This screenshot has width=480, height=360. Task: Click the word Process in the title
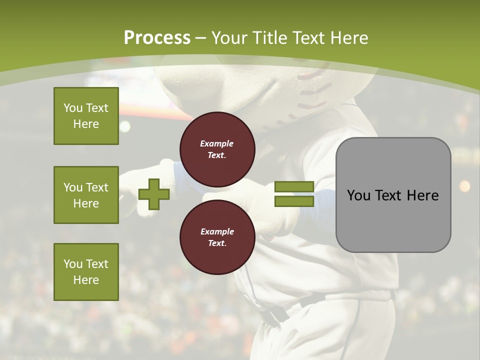(x=157, y=38)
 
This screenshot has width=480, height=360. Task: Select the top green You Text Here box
(x=86, y=116)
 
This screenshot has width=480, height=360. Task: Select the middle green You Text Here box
(x=86, y=195)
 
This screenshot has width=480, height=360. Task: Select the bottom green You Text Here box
(x=86, y=271)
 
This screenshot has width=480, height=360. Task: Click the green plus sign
(x=153, y=194)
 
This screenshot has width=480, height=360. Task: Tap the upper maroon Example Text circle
(x=217, y=149)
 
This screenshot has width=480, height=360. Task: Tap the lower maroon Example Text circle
(x=217, y=237)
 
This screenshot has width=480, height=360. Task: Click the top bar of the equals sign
(x=294, y=187)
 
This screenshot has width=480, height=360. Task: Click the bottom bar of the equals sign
(x=294, y=201)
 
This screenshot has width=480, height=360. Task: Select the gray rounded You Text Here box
(x=393, y=195)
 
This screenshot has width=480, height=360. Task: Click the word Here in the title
(x=348, y=38)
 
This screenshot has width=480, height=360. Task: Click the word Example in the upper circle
(x=216, y=143)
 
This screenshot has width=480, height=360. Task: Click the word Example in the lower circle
(x=216, y=231)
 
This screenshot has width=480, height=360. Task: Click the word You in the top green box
(x=73, y=108)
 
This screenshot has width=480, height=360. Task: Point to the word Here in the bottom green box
(x=86, y=280)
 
